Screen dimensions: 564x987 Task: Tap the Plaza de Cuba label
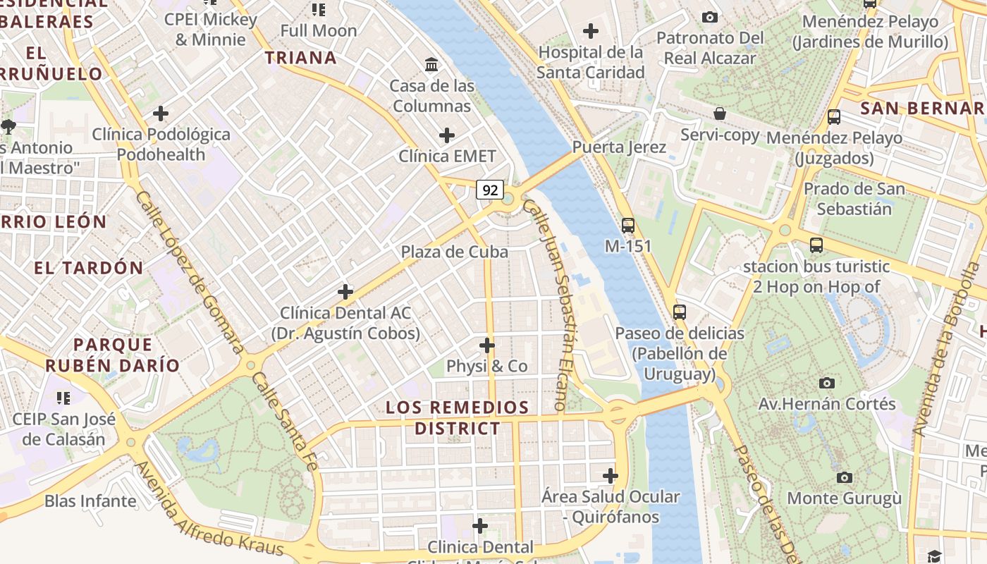(454, 252)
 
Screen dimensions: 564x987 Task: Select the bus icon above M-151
(628, 226)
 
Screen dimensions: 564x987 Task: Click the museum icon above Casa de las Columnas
(431, 66)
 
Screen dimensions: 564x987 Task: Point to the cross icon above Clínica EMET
(446, 135)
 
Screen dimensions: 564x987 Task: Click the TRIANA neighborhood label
(301, 58)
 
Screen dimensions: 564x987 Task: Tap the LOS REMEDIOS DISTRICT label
(458, 417)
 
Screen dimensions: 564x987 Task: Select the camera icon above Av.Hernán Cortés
(827, 383)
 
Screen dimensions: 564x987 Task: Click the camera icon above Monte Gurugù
(844, 477)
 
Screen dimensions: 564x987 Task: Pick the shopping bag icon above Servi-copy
(720, 114)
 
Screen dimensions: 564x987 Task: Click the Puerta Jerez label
(619, 147)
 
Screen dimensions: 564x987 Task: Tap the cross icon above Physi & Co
(486, 345)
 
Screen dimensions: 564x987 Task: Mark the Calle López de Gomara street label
(190, 271)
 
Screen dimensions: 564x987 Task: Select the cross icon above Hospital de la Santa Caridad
(591, 31)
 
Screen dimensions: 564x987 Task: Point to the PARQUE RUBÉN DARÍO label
(113, 355)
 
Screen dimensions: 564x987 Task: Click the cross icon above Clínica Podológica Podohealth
(161, 113)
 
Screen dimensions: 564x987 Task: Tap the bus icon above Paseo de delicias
(680, 312)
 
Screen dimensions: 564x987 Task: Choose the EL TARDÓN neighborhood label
(89, 268)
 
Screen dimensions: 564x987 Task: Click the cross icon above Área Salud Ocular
(611, 476)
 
